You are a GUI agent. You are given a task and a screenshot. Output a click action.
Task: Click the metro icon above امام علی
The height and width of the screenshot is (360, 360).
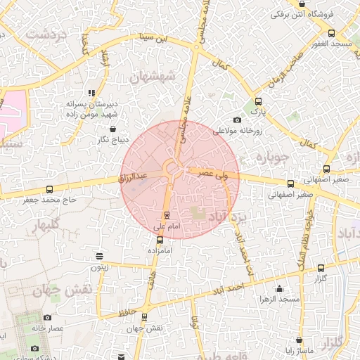pos(167,215)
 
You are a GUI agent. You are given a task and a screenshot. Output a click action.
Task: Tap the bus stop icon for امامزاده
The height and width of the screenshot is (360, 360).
pos(160,239)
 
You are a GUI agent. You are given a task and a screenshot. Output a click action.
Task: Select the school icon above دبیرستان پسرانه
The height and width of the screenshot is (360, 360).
pos(91,92)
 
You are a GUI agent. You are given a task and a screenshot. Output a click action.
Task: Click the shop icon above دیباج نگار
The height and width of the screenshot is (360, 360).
pos(114,129)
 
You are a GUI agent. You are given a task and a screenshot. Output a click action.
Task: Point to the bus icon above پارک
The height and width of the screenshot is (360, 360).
pos(259,101)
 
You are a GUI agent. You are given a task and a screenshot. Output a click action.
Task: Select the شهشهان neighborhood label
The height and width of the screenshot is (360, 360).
pos(166,76)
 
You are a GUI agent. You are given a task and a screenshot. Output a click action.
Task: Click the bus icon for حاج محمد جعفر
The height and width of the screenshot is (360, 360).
pos(49,189)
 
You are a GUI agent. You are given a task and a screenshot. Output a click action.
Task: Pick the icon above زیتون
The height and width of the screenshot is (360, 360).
pos(100,256)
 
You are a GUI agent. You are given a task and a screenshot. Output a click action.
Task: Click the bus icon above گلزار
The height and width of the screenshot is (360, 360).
pos(321,268)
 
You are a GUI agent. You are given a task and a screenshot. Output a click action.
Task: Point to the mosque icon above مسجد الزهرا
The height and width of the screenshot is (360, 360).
pos(280,288)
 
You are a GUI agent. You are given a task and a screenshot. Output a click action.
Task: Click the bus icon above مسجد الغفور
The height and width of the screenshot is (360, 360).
pos(331,32)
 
